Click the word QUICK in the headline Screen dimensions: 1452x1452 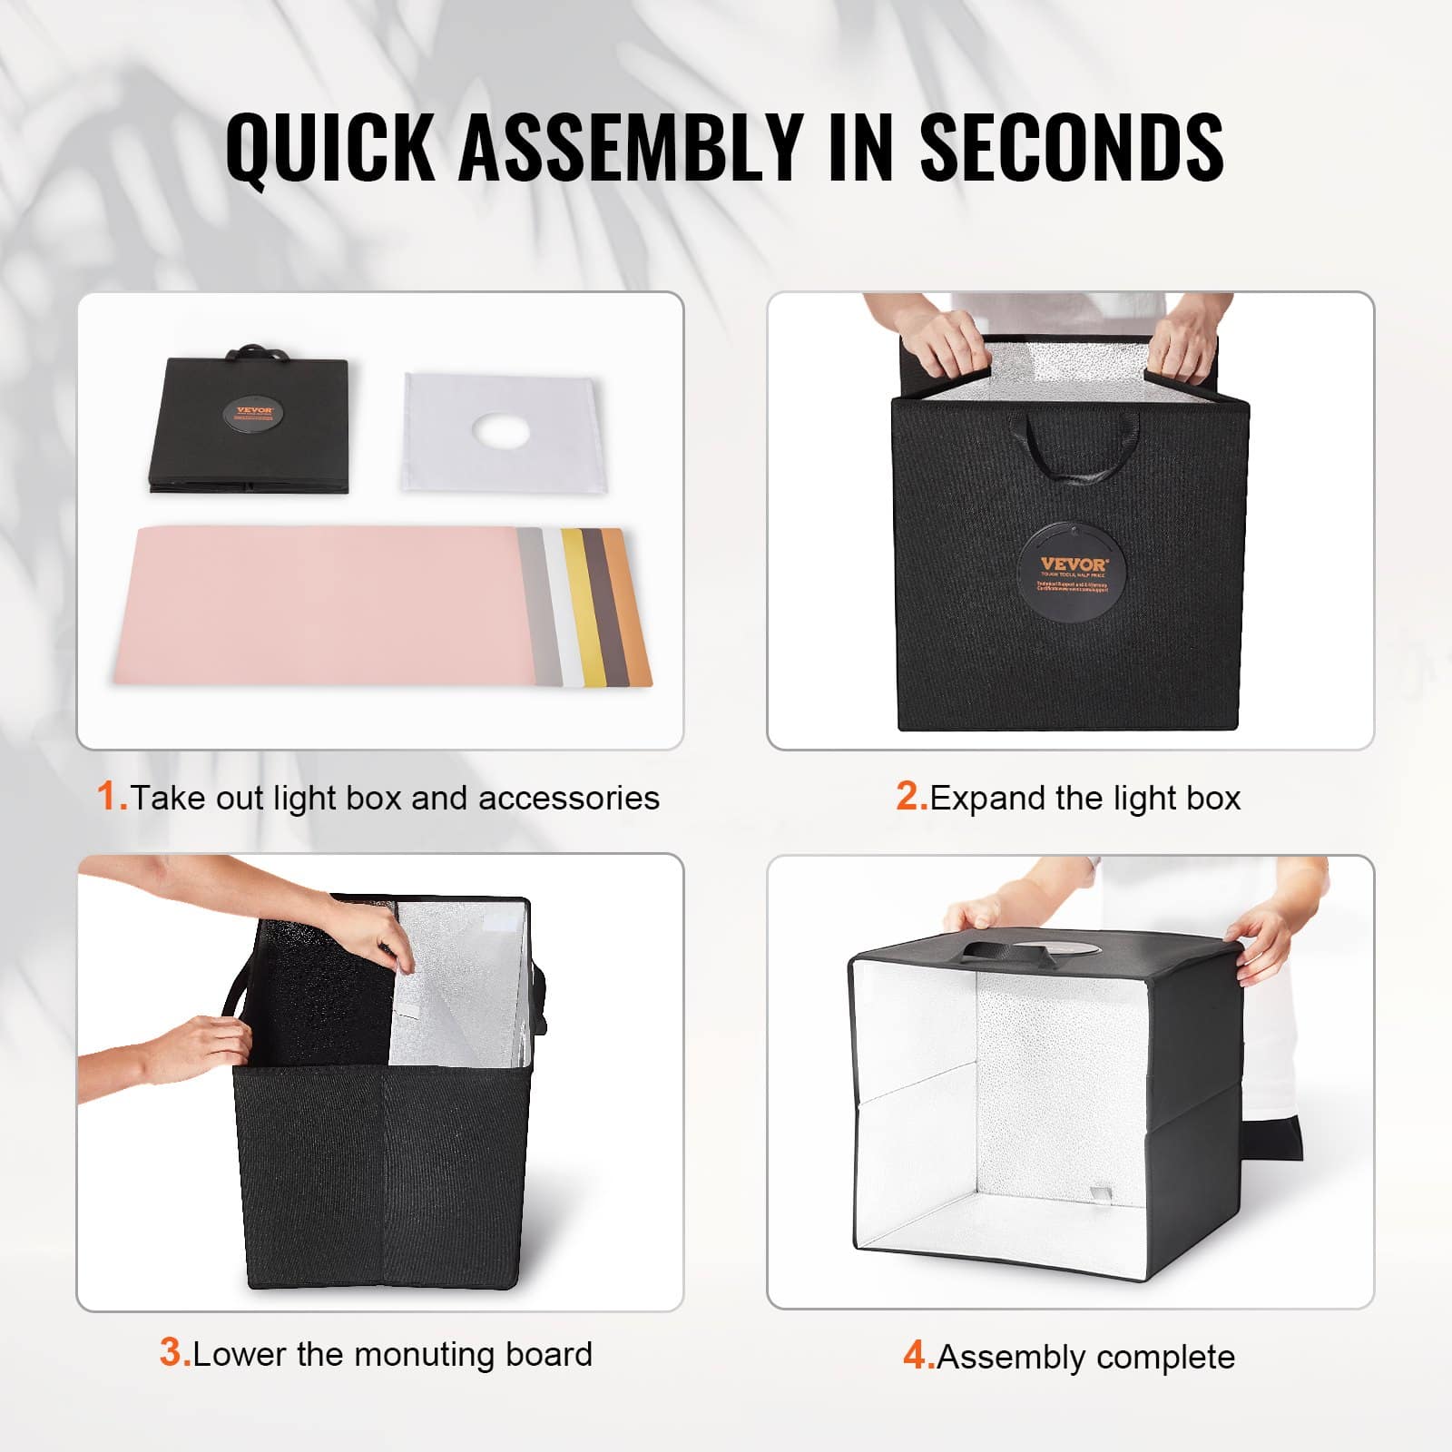(x=330, y=147)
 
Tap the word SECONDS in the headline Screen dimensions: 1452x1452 (x=1071, y=147)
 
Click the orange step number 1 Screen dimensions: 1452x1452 (x=110, y=796)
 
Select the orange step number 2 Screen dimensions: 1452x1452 (x=910, y=796)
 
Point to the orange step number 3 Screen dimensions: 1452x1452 (x=173, y=1352)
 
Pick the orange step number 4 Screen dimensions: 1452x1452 (x=917, y=1356)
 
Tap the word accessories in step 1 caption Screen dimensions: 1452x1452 (x=568, y=798)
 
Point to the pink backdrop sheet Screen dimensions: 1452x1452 (x=318, y=603)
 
